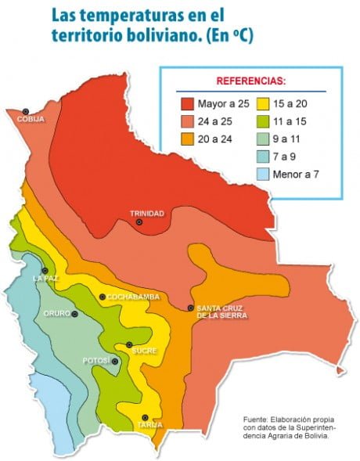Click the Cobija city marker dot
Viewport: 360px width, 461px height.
(26, 111)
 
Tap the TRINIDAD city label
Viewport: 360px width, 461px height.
(146, 213)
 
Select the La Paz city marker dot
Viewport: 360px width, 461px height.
(45, 270)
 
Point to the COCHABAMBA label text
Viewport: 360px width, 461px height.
(133, 297)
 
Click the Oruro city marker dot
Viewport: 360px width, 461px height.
(75, 314)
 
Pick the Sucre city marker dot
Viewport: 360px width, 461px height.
(130, 344)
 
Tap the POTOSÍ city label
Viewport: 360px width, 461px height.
(95, 361)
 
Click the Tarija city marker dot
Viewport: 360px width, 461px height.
(145, 417)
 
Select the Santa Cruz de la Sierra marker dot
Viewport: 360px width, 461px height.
(191, 308)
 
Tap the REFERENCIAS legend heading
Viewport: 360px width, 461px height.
(251, 81)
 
